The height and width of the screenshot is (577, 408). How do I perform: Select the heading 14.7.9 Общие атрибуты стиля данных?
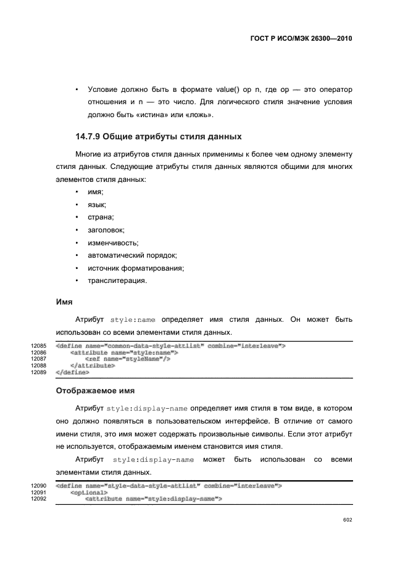[158, 136]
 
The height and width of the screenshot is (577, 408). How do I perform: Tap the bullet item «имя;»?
[96, 192]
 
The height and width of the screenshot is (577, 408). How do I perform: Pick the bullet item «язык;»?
[97, 205]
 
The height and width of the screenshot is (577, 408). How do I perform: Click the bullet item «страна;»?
[101, 217]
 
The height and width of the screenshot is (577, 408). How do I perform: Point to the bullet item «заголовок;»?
[106, 230]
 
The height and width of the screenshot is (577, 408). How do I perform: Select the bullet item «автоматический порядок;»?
[133, 255]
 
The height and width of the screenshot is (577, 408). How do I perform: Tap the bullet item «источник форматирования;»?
[136, 268]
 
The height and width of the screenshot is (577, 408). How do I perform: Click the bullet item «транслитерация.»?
[117, 280]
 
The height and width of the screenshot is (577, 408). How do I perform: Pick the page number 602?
[347, 520]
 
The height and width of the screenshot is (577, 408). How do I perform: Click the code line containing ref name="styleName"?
[128, 359]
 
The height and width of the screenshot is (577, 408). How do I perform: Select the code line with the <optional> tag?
[90, 493]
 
